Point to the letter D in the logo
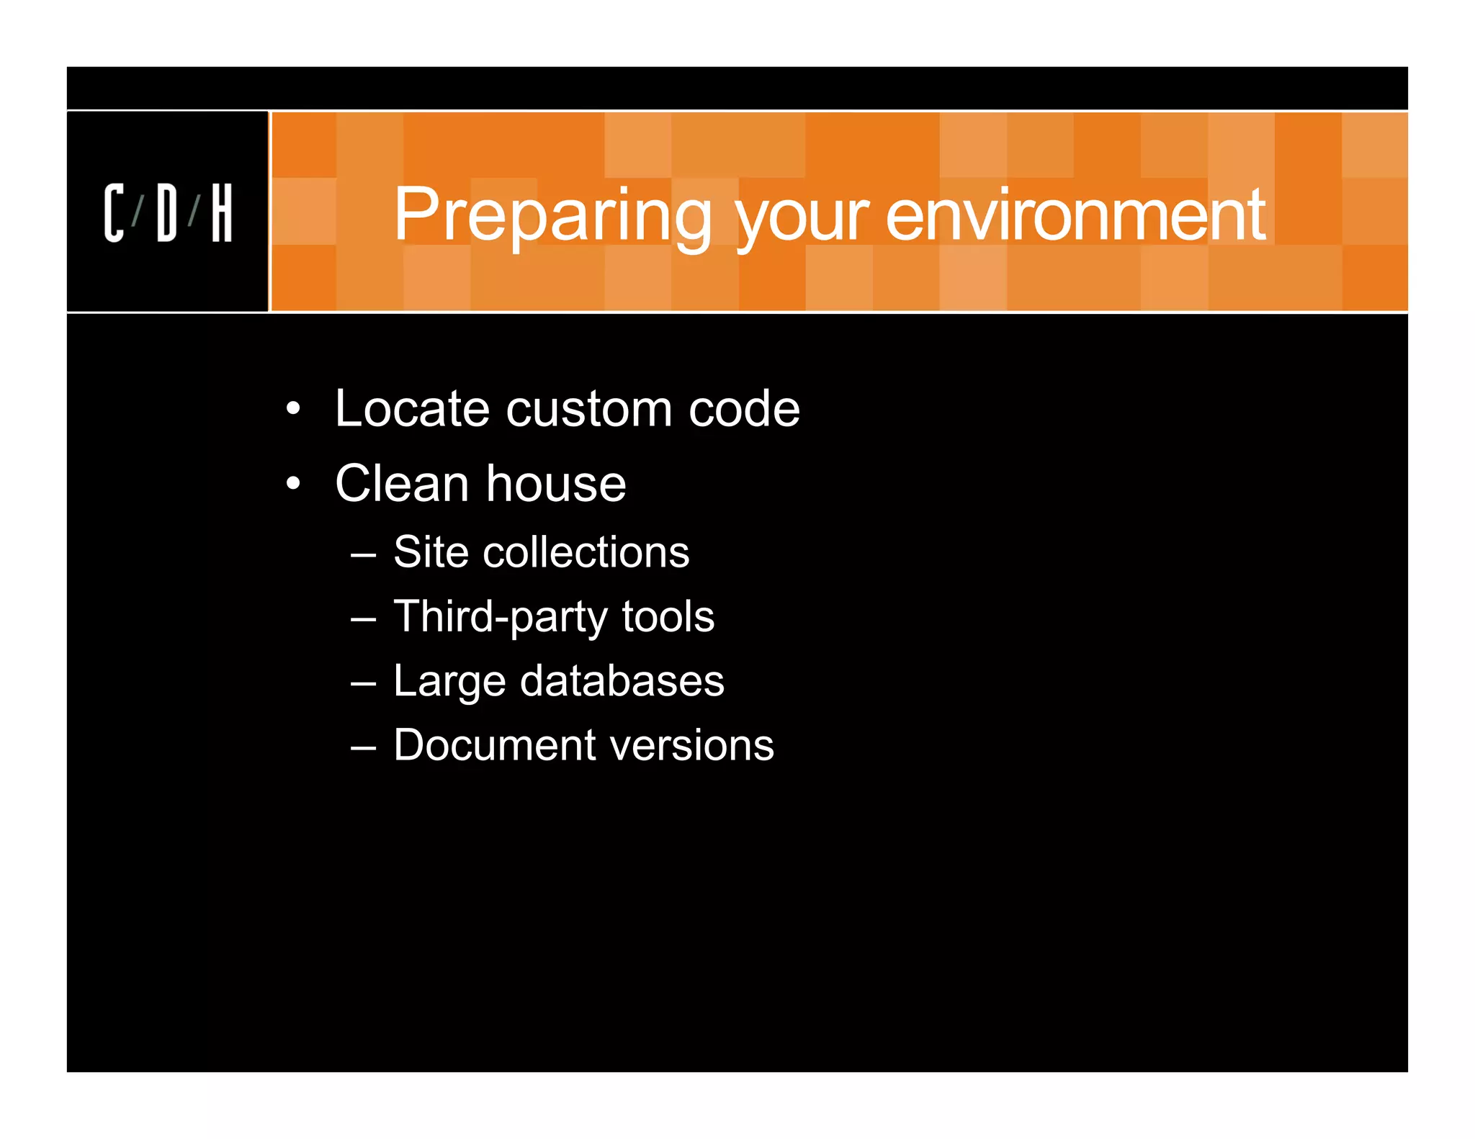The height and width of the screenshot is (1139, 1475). click(x=166, y=212)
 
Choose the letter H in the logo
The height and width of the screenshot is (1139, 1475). click(x=222, y=212)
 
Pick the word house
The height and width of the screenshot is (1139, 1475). click(x=555, y=484)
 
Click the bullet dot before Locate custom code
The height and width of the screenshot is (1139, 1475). click(x=292, y=409)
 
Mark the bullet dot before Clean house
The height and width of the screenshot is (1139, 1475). click(x=292, y=484)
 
